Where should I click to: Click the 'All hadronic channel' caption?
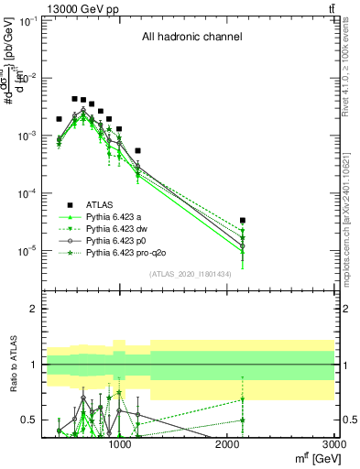(191, 38)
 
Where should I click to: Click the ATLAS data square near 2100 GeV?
(243, 221)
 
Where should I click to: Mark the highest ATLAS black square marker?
(74, 98)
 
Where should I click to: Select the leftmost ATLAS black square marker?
(59, 119)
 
